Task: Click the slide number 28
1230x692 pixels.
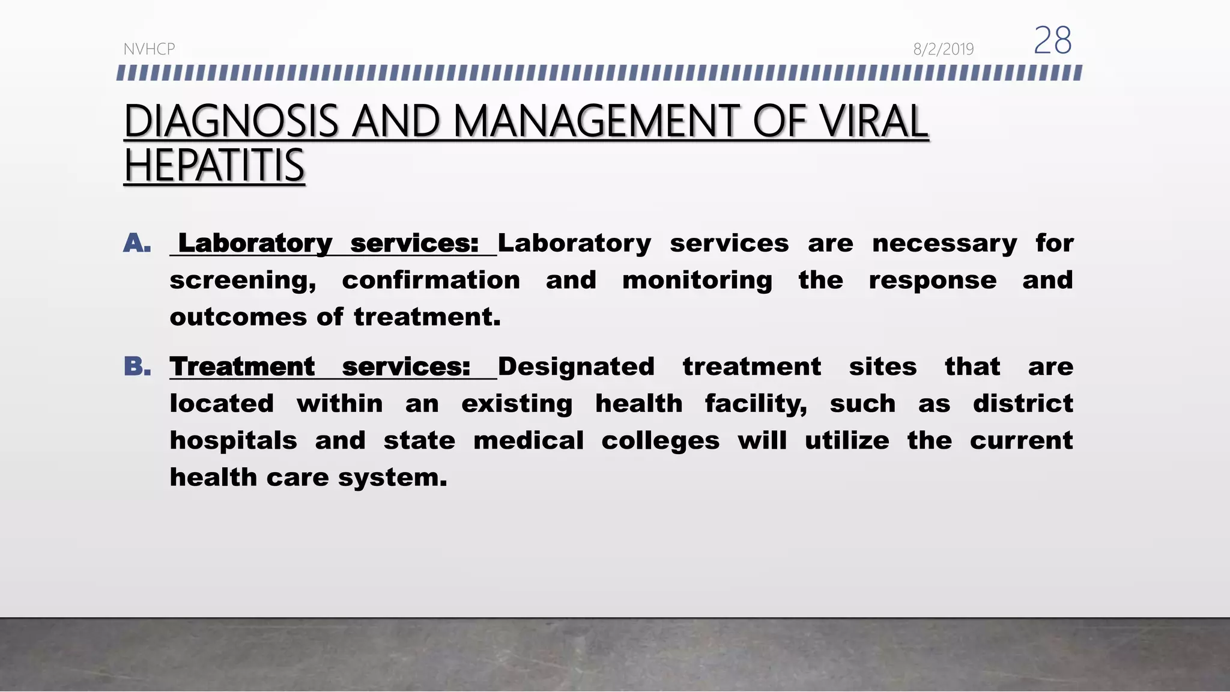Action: tap(1052, 41)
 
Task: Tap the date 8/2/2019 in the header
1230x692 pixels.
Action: tap(943, 49)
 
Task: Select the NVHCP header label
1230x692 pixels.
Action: tap(149, 49)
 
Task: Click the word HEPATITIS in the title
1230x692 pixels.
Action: tap(214, 166)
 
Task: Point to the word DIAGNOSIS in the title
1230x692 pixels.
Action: tap(231, 121)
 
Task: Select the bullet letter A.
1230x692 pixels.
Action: tap(137, 243)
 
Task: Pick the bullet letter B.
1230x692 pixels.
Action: tap(138, 366)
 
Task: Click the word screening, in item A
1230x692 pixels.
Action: tap(243, 281)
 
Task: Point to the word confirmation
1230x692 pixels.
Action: tap(431, 280)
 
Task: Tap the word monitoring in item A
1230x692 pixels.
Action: tap(697, 281)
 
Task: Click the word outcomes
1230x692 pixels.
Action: tap(238, 317)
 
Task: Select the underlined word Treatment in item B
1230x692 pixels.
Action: tap(242, 366)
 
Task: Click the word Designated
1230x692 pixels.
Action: tap(576, 366)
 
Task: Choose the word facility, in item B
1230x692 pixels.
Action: tap(756, 404)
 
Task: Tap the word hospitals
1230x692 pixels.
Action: tap(233, 441)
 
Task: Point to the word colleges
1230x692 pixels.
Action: tap(660, 441)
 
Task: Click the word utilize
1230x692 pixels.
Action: tap(847, 440)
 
